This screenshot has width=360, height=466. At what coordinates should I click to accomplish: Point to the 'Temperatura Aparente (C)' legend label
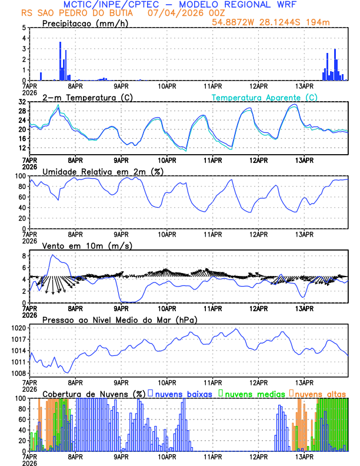(264, 97)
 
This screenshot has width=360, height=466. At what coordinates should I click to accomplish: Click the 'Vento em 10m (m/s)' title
(79, 245)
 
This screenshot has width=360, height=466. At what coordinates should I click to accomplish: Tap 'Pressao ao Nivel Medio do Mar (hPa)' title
(119, 319)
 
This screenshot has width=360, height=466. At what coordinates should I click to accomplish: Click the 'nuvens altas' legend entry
(320, 394)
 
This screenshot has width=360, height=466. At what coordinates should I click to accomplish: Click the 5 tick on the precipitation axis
(23, 28)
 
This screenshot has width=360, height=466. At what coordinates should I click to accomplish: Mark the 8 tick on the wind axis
(23, 257)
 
